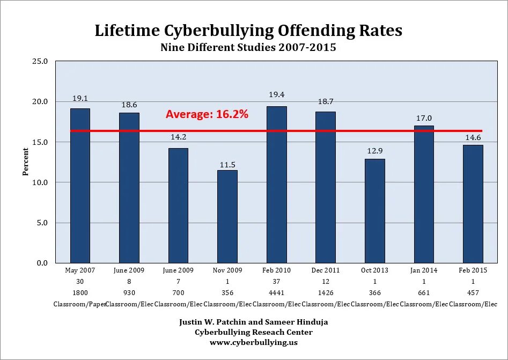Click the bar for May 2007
pos(80,186)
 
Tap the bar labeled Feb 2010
pos(276,185)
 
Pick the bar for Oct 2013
pos(375,211)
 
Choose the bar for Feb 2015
pos(473,204)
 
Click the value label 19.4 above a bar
pos(276,95)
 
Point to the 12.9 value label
pos(375,148)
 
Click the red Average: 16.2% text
pos(207,114)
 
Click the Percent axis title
pos(25,161)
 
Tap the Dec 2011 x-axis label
pos(326,270)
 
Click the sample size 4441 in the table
pos(276,292)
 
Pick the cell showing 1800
pos(80,292)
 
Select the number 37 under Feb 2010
pos(276,282)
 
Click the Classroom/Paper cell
pos(79,304)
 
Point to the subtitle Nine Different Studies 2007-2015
pos(248,48)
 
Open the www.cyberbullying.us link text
pos(254,342)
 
